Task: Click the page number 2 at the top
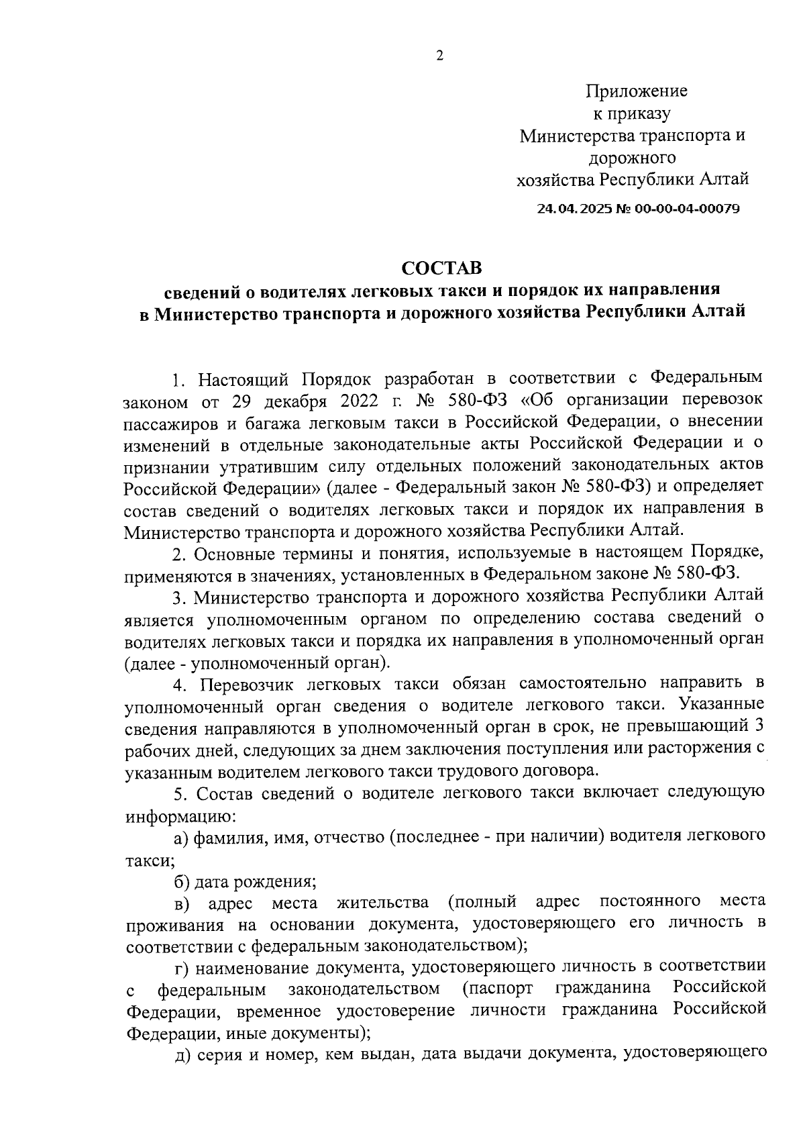[x=439, y=56]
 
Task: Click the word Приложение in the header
[x=637, y=91]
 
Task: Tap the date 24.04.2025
[x=570, y=209]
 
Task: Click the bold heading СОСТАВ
[x=441, y=268]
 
